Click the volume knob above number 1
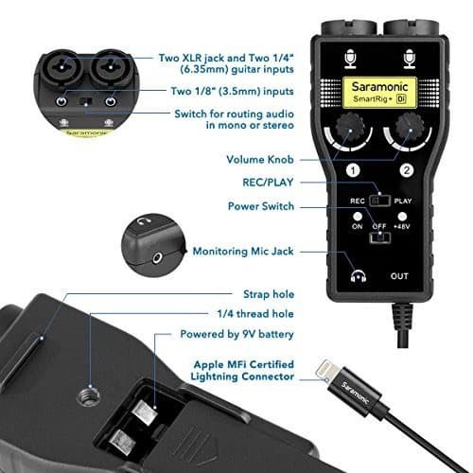[x=348, y=129]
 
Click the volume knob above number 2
[x=409, y=129]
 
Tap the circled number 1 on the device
[x=353, y=170]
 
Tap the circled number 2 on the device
[x=407, y=170]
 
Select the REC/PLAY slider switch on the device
[x=380, y=201]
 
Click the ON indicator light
[x=358, y=217]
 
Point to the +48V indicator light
[x=402, y=217]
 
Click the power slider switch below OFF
[x=380, y=237]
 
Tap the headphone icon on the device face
[x=359, y=276]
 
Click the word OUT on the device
[x=399, y=276]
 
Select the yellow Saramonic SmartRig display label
[x=379, y=92]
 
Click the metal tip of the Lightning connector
[x=324, y=371]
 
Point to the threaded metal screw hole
[x=86, y=395]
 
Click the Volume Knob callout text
[x=260, y=160]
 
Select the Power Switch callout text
[x=261, y=206]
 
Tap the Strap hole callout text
[x=269, y=294]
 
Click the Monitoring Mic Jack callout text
[x=243, y=252]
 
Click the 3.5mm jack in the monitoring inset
[x=156, y=259]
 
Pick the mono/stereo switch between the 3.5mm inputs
[x=86, y=102]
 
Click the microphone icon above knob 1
[x=350, y=59]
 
